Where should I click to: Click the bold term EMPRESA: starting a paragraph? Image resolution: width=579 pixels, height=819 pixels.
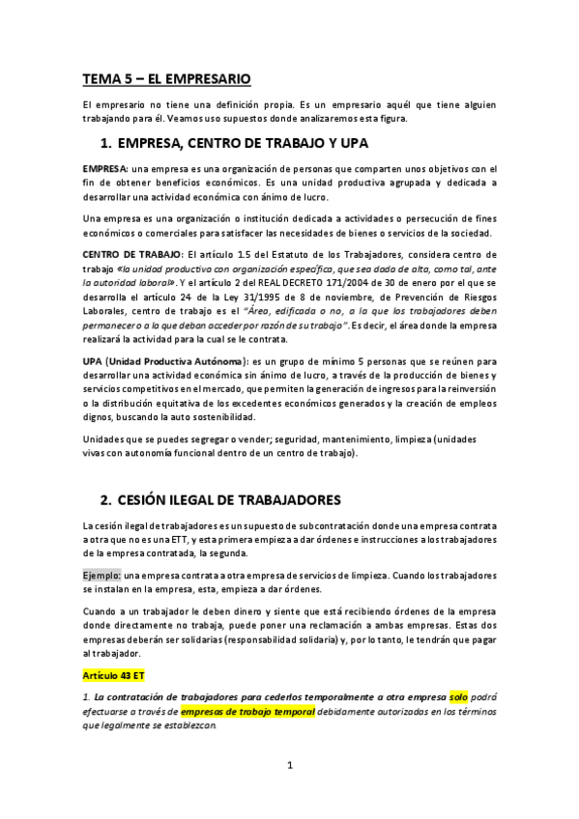pos(105,169)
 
